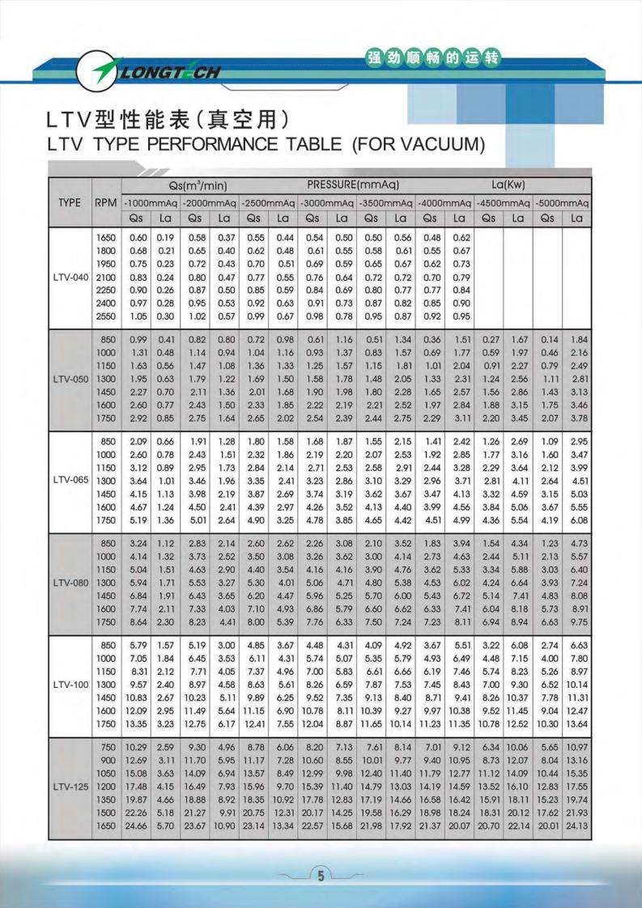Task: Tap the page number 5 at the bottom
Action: point(321,876)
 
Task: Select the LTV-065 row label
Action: point(70,480)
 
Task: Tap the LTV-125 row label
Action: point(70,786)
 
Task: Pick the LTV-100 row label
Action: point(70,684)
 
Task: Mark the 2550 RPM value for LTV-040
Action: point(107,316)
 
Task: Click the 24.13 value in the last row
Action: point(577,825)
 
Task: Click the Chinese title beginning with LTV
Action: point(168,120)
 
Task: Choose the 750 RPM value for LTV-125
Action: point(108,745)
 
